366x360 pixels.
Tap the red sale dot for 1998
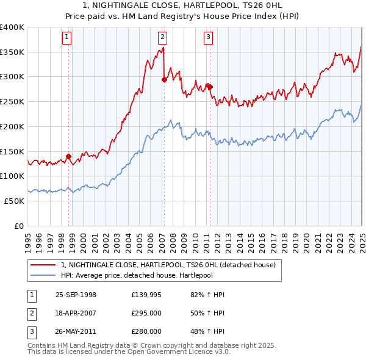tap(68, 156)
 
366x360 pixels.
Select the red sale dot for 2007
tap(164, 79)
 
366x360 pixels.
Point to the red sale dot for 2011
tap(210, 87)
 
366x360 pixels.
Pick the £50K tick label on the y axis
tap(14, 201)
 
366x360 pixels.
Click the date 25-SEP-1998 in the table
tap(76, 295)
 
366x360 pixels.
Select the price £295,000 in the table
tap(146, 313)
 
